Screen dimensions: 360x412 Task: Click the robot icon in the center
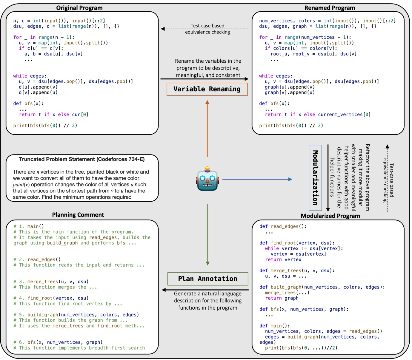point(207,180)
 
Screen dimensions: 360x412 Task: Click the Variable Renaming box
point(207,89)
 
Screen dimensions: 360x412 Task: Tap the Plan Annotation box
point(207,279)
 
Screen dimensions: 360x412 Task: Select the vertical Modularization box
point(315,178)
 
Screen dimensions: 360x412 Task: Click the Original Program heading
point(79,8)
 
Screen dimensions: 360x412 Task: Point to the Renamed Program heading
point(330,8)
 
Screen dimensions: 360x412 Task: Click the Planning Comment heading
point(78,215)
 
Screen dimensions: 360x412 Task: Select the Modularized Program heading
point(330,216)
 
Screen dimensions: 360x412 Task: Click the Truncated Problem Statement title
point(82,159)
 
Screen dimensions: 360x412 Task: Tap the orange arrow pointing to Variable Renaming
point(207,128)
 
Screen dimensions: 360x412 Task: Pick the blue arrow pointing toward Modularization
point(257,180)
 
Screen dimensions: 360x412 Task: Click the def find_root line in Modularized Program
point(297,243)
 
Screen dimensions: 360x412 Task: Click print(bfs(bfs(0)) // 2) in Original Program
point(45,126)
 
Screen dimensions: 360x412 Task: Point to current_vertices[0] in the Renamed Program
point(344,115)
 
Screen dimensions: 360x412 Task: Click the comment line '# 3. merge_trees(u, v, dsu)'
point(51,282)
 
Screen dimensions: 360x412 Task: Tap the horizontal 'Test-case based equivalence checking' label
point(207,29)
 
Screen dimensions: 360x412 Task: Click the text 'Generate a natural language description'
point(207,297)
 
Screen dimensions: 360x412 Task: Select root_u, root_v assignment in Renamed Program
point(313,54)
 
